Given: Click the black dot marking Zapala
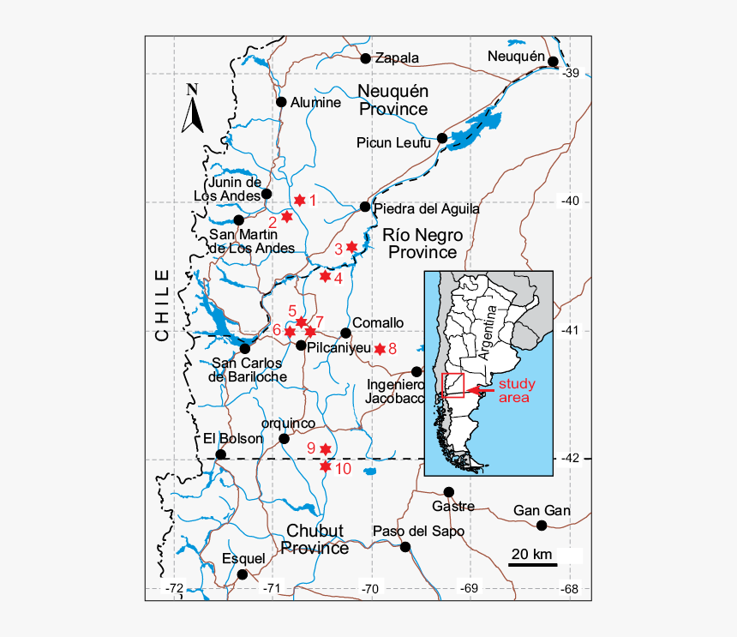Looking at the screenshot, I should point(366,58).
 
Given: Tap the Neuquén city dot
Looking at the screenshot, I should point(554,62).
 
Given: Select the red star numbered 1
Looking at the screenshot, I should point(299,200).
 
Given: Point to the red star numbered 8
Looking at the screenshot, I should point(379,348).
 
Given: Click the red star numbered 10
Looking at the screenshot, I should point(325,467).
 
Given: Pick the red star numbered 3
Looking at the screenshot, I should point(351,247).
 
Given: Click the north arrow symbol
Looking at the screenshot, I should point(193,109).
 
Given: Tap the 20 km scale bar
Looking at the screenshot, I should point(531,563).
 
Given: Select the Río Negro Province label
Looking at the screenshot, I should point(422,243).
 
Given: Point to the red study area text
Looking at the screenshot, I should point(517,391).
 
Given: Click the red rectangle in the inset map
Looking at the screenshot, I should point(452,386).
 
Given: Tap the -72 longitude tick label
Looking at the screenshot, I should point(175,588).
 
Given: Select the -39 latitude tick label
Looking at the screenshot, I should point(571,73).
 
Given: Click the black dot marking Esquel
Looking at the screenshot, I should point(243,574).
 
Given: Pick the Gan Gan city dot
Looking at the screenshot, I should point(542,526).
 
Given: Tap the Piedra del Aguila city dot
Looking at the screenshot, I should point(365,207).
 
